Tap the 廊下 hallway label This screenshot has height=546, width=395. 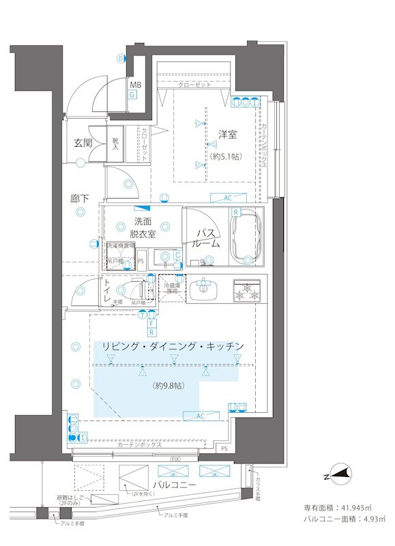[x=80, y=199]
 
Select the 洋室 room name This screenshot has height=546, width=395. [x=226, y=135]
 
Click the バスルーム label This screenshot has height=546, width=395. [x=205, y=238]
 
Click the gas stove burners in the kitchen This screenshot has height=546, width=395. [x=246, y=290]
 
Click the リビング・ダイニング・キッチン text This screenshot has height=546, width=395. [x=173, y=347]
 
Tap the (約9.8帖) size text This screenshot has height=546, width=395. [x=169, y=386]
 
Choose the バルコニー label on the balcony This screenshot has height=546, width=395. [x=175, y=484]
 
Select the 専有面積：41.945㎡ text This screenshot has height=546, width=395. [x=337, y=508]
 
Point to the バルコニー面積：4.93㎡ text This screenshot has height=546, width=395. [x=337, y=521]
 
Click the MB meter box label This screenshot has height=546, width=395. [x=136, y=85]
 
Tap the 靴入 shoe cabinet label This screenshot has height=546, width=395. [x=116, y=143]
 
